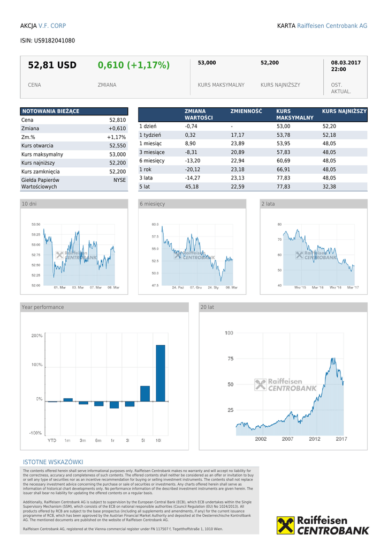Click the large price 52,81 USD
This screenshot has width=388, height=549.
pyautogui.click(x=52, y=65)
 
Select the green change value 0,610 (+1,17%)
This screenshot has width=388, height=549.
pyautogui.click(x=133, y=65)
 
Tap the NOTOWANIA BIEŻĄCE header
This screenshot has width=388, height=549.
pyautogui.click(x=50, y=111)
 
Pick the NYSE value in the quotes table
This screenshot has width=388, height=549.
pyautogui.click(x=119, y=181)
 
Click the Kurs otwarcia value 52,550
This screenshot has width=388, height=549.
pyautogui.click(x=117, y=146)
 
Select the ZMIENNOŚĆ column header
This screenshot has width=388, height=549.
pyautogui.click(x=246, y=112)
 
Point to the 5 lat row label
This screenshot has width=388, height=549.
pyautogui.click(x=144, y=187)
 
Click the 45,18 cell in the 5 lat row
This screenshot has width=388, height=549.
pyautogui.click(x=192, y=187)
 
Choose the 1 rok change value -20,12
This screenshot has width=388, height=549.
pyautogui.click(x=193, y=169)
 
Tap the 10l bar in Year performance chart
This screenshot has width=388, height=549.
pyautogui.click(x=160, y=373)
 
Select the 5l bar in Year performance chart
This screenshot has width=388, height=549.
pyautogui.click(x=145, y=394)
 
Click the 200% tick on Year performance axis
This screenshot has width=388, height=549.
pyautogui.click(x=37, y=336)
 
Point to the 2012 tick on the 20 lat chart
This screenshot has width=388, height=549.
pyautogui.click(x=315, y=439)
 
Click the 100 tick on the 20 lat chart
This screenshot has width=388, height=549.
pyautogui.click(x=229, y=333)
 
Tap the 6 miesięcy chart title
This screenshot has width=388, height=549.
pyautogui.click(x=153, y=204)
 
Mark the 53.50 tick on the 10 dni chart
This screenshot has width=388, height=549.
pyautogui.click(x=36, y=225)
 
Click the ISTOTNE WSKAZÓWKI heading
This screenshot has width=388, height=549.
pyautogui.click(x=53, y=462)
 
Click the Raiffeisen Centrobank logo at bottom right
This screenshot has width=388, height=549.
pyautogui.click(x=323, y=525)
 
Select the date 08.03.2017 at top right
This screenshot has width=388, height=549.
pyautogui.click(x=346, y=63)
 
